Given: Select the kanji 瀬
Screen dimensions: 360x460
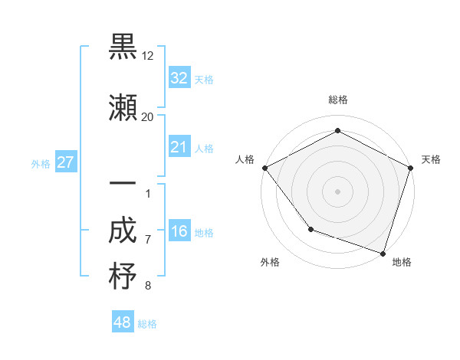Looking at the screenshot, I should click(x=123, y=109).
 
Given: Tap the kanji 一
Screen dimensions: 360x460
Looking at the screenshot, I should click(x=123, y=186).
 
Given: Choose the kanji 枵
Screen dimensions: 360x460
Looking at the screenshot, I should click(x=123, y=277).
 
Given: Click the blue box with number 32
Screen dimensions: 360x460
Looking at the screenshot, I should click(x=179, y=78).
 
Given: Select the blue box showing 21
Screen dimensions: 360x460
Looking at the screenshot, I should click(x=179, y=147).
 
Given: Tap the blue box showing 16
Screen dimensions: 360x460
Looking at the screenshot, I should click(x=179, y=232).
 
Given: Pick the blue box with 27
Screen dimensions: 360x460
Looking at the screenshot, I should click(x=65, y=162).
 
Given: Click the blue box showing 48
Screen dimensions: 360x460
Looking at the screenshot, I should click(x=123, y=322).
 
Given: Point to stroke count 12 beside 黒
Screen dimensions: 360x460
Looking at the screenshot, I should click(x=148, y=56).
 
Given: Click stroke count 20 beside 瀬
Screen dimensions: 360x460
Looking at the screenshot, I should click(x=148, y=116).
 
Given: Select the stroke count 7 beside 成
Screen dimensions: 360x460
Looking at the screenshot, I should click(x=148, y=240).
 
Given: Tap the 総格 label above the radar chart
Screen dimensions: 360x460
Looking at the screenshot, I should click(x=337, y=100).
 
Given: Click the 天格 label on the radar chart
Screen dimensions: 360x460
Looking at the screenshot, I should click(x=431, y=159).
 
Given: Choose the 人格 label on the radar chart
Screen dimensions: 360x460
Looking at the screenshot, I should click(x=245, y=159).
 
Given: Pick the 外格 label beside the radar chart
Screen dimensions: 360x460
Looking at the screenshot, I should click(x=270, y=262).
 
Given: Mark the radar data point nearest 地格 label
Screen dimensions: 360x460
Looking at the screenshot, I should click(x=383, y=253).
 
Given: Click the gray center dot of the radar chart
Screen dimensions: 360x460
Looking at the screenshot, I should click(x=337, y=191).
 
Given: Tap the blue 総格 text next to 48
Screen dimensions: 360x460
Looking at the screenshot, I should click(x=147, y=324).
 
